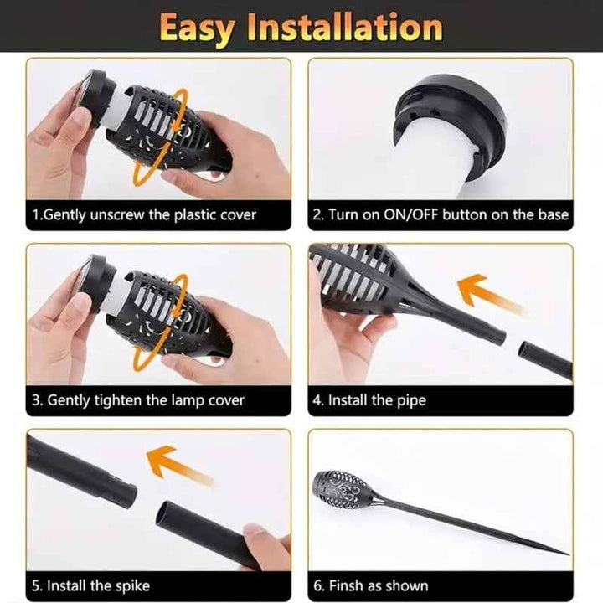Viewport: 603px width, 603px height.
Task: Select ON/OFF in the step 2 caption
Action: coord(410,214)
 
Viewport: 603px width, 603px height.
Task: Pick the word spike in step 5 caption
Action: coord(131,586)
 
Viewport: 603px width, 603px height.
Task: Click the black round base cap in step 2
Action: coord(449,116)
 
